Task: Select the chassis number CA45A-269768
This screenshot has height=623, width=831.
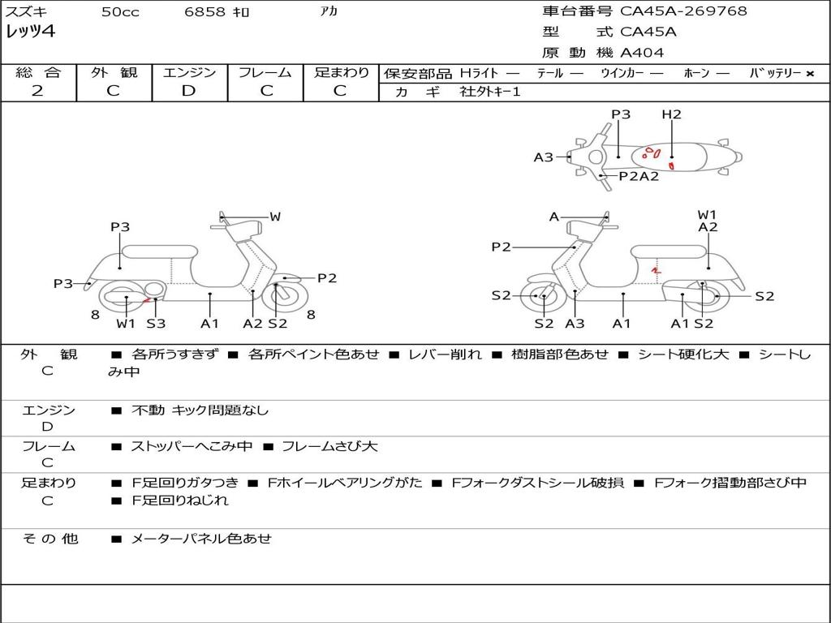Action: tap(683, 11)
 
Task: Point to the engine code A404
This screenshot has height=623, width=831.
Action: tap(642, 53)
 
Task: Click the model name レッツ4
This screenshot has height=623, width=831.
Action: tap(30, 32)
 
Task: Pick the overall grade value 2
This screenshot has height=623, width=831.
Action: tap(37, 91)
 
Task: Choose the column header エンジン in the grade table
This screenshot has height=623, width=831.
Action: tap(189, 72)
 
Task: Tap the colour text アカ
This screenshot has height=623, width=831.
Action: tap(328, 12)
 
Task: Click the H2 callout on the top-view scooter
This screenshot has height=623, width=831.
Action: tap(671, 114)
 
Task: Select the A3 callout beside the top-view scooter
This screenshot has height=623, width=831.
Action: tap(543, 157)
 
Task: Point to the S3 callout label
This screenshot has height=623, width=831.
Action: tap(156, 324)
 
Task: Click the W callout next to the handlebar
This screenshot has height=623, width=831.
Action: tap(275, 217)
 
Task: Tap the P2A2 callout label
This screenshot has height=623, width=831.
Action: tap(639, 176)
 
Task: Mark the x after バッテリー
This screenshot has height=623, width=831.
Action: tap(809, 74)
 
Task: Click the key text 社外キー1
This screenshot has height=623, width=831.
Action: tap(492, 92)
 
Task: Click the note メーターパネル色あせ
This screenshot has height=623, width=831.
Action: tap(201, 539)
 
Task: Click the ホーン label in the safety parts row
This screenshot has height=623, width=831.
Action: tap(696, 73)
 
